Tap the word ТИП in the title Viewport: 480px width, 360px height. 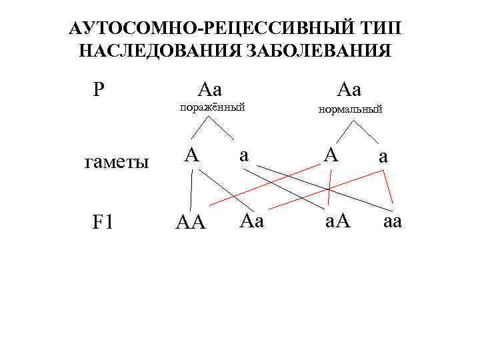386,29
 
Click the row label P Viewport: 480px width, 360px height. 99,89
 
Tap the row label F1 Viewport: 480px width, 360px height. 104,221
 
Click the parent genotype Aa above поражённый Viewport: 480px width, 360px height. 210,89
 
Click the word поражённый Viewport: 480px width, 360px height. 210,107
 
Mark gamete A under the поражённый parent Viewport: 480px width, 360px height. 192,155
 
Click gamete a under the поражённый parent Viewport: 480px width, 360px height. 244,155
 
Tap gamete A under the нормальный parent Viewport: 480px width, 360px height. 331,155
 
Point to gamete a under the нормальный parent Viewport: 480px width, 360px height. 383,158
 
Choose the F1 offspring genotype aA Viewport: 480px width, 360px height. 339,221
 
